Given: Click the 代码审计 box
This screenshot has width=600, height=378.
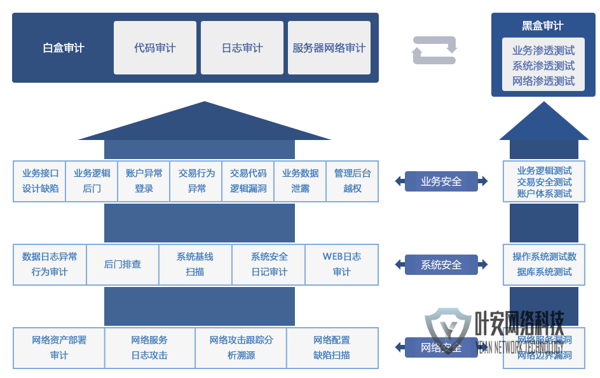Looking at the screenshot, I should (155, 48).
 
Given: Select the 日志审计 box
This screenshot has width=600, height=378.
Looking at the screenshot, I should (242, 48).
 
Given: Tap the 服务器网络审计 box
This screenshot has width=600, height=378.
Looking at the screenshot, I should (329, 48).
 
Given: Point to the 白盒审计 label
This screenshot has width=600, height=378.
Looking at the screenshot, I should (64, 48).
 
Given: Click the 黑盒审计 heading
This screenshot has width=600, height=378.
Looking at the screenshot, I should (543, 25).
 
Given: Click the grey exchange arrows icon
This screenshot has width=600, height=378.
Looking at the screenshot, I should (435, 50).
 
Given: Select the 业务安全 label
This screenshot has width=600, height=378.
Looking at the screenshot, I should (441, 181).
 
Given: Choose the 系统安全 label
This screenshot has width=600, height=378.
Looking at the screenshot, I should (441, 265).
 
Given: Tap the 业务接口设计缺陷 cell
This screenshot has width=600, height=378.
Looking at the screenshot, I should (40, 181).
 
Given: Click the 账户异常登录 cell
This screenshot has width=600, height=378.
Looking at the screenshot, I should (144, 181).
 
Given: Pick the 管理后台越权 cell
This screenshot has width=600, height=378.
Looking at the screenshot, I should (352, 181).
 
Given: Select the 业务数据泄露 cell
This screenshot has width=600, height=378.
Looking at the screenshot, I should (300, 181).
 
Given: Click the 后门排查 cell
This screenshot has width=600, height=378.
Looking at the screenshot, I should (123, 264).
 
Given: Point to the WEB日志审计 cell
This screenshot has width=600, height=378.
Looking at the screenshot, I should (341, 264).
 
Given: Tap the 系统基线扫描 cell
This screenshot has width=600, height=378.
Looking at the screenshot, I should (195, 264).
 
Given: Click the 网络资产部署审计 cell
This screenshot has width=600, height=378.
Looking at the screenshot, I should (59, 347).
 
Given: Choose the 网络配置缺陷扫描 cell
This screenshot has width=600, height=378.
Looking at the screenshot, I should (331, 347).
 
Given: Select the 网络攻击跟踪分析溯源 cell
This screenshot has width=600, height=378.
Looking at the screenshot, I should (241, 347).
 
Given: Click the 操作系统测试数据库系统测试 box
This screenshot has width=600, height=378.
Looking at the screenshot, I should (545, 264).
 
